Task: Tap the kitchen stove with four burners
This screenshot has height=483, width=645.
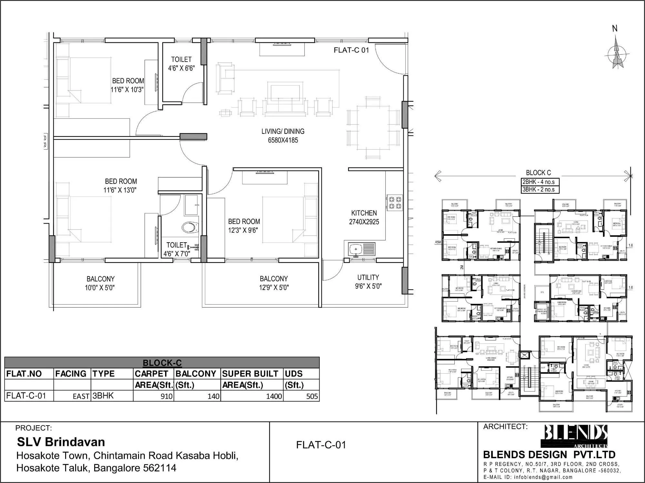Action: point(395,202)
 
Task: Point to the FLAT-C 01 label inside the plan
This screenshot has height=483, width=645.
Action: point(351,50)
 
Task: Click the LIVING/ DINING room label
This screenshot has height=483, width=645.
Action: point(283,131)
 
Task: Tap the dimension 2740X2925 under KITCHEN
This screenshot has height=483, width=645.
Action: point(364,222)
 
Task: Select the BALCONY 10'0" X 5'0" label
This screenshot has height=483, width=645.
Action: point(100,283)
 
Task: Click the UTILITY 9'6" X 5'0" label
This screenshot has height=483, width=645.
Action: point(368,281)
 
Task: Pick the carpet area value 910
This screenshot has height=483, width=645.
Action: point(166,396)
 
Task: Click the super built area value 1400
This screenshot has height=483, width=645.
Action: point(274,396)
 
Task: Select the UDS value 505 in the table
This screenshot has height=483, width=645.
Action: point(312,396)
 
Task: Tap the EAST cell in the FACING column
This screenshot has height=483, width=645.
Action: point(81,397)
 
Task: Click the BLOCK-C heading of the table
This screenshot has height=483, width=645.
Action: point(162,363)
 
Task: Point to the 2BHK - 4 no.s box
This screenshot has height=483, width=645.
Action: point(540,182)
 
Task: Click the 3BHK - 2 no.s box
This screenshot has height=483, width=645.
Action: point(540,189)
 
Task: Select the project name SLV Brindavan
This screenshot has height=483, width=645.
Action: point(61,442)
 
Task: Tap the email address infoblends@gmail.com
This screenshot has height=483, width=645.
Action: point(543,477)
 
